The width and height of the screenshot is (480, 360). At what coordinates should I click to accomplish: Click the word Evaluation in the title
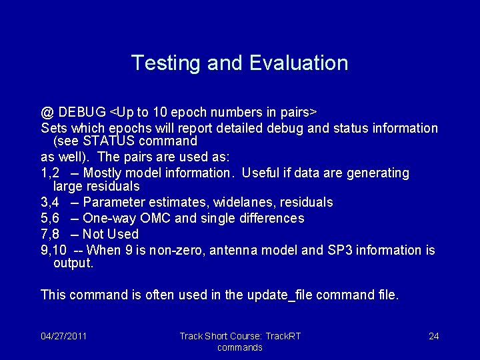pyautogui.click(x=299, y=63)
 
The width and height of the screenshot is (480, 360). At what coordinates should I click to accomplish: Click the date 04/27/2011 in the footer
pyautogui.click(x=63, y=336)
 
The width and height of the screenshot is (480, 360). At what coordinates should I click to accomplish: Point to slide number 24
pyautogui.click(x=433, y=336)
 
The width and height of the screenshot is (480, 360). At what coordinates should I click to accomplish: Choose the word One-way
pyautogui.click(x=107, y=218)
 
